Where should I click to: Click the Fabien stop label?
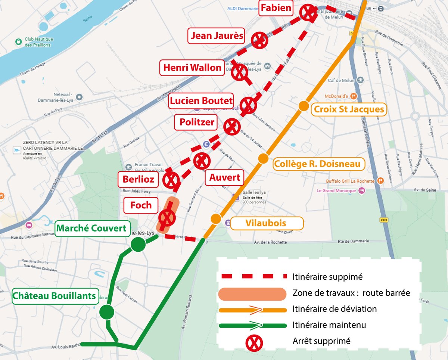(276, 8)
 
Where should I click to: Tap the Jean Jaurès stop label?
(217, 36)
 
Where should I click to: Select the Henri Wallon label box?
(192, 68)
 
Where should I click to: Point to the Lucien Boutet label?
(201, 101)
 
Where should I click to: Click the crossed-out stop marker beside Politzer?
(232, 127)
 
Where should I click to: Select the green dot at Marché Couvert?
(138, 245)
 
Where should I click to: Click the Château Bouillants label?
(55, 296)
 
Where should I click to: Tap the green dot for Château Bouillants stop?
(107, 312)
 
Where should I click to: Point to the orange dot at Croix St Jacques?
(304, 106)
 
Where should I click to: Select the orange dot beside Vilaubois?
(216, 219)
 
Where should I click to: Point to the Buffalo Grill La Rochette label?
(350, 181)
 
